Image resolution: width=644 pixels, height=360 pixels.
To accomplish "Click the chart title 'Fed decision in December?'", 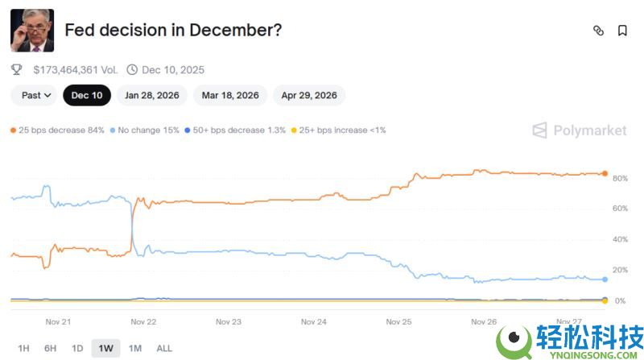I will click(x=172, y=31).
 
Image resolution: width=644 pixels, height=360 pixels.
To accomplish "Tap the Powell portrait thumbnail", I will click(x=32, y=31).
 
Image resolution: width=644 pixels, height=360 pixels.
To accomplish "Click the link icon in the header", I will click(x=598, y=31).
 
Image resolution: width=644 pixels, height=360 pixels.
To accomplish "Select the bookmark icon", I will click(x=622, y=31).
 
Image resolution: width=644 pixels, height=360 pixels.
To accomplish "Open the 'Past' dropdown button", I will click(x=36, y=95).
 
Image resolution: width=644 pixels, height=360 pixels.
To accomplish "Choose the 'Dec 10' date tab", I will click(x=87, y=95).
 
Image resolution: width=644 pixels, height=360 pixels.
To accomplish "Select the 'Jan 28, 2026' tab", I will click(x=152, y=95).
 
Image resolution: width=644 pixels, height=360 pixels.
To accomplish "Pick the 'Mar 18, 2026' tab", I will click(x=230, y=95).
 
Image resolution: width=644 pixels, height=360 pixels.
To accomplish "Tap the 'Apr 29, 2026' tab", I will click(x=309, y=95).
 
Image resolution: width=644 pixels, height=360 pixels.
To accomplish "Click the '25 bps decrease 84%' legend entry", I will click(x=57, y=130).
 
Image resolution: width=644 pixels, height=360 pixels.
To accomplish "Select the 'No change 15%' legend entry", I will click(x=145, y=130).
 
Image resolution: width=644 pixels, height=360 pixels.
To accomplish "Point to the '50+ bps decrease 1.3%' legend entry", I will click(x=235, y=130).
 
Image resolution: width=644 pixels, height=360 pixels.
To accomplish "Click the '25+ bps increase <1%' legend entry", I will click(x=339, y=130).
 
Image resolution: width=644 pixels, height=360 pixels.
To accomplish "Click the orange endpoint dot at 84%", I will click(x=605, y=173).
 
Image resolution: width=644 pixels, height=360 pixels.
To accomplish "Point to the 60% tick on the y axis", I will click(x=619, y=209).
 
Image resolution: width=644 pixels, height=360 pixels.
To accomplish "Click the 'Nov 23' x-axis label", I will click(x=229, y=321).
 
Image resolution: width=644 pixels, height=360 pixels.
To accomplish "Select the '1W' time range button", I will click(x=105, y=348).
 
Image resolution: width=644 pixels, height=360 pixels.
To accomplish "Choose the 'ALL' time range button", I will click(x=163, y=348).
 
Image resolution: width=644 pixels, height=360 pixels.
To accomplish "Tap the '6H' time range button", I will click(x=50, y=348).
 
